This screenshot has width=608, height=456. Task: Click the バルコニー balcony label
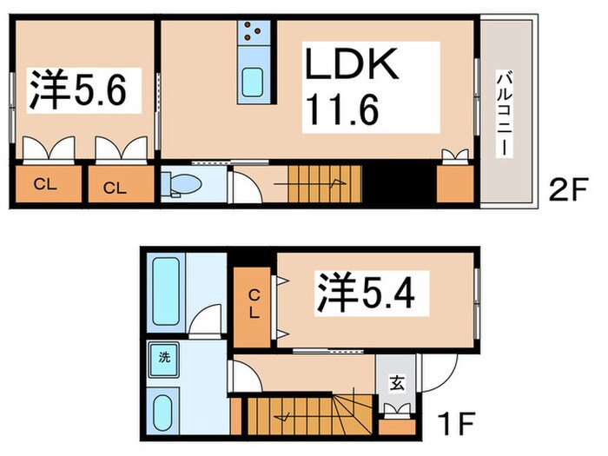503,114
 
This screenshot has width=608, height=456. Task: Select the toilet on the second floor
182,183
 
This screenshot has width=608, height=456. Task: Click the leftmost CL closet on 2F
41,185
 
